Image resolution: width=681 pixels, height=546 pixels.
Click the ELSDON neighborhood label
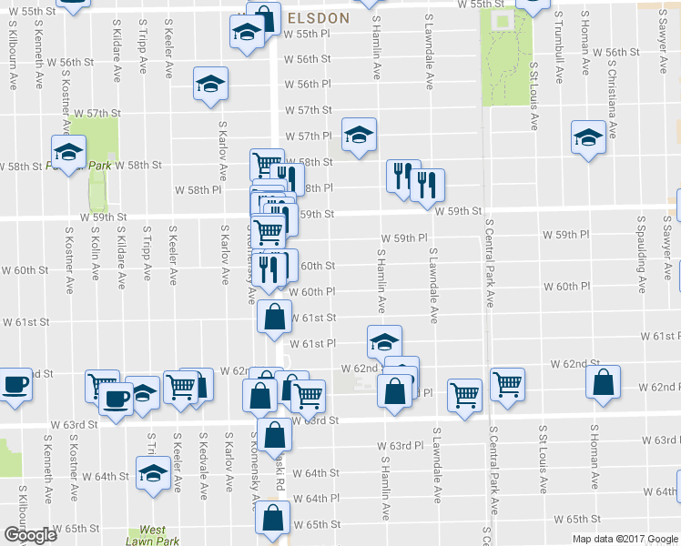point(319,17)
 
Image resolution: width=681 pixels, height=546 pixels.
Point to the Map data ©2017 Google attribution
point(624,538)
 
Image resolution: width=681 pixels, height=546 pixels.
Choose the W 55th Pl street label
point(308,35)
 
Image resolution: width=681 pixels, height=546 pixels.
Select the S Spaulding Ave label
point(643,254)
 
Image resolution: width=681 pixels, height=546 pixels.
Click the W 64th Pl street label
point(316,499)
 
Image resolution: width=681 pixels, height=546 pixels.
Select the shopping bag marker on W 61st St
point(274,318)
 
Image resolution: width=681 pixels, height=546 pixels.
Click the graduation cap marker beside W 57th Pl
point(359,135)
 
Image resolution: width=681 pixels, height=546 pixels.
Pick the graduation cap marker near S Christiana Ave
point(588,137)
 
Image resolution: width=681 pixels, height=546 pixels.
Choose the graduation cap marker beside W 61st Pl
point(384,342)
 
